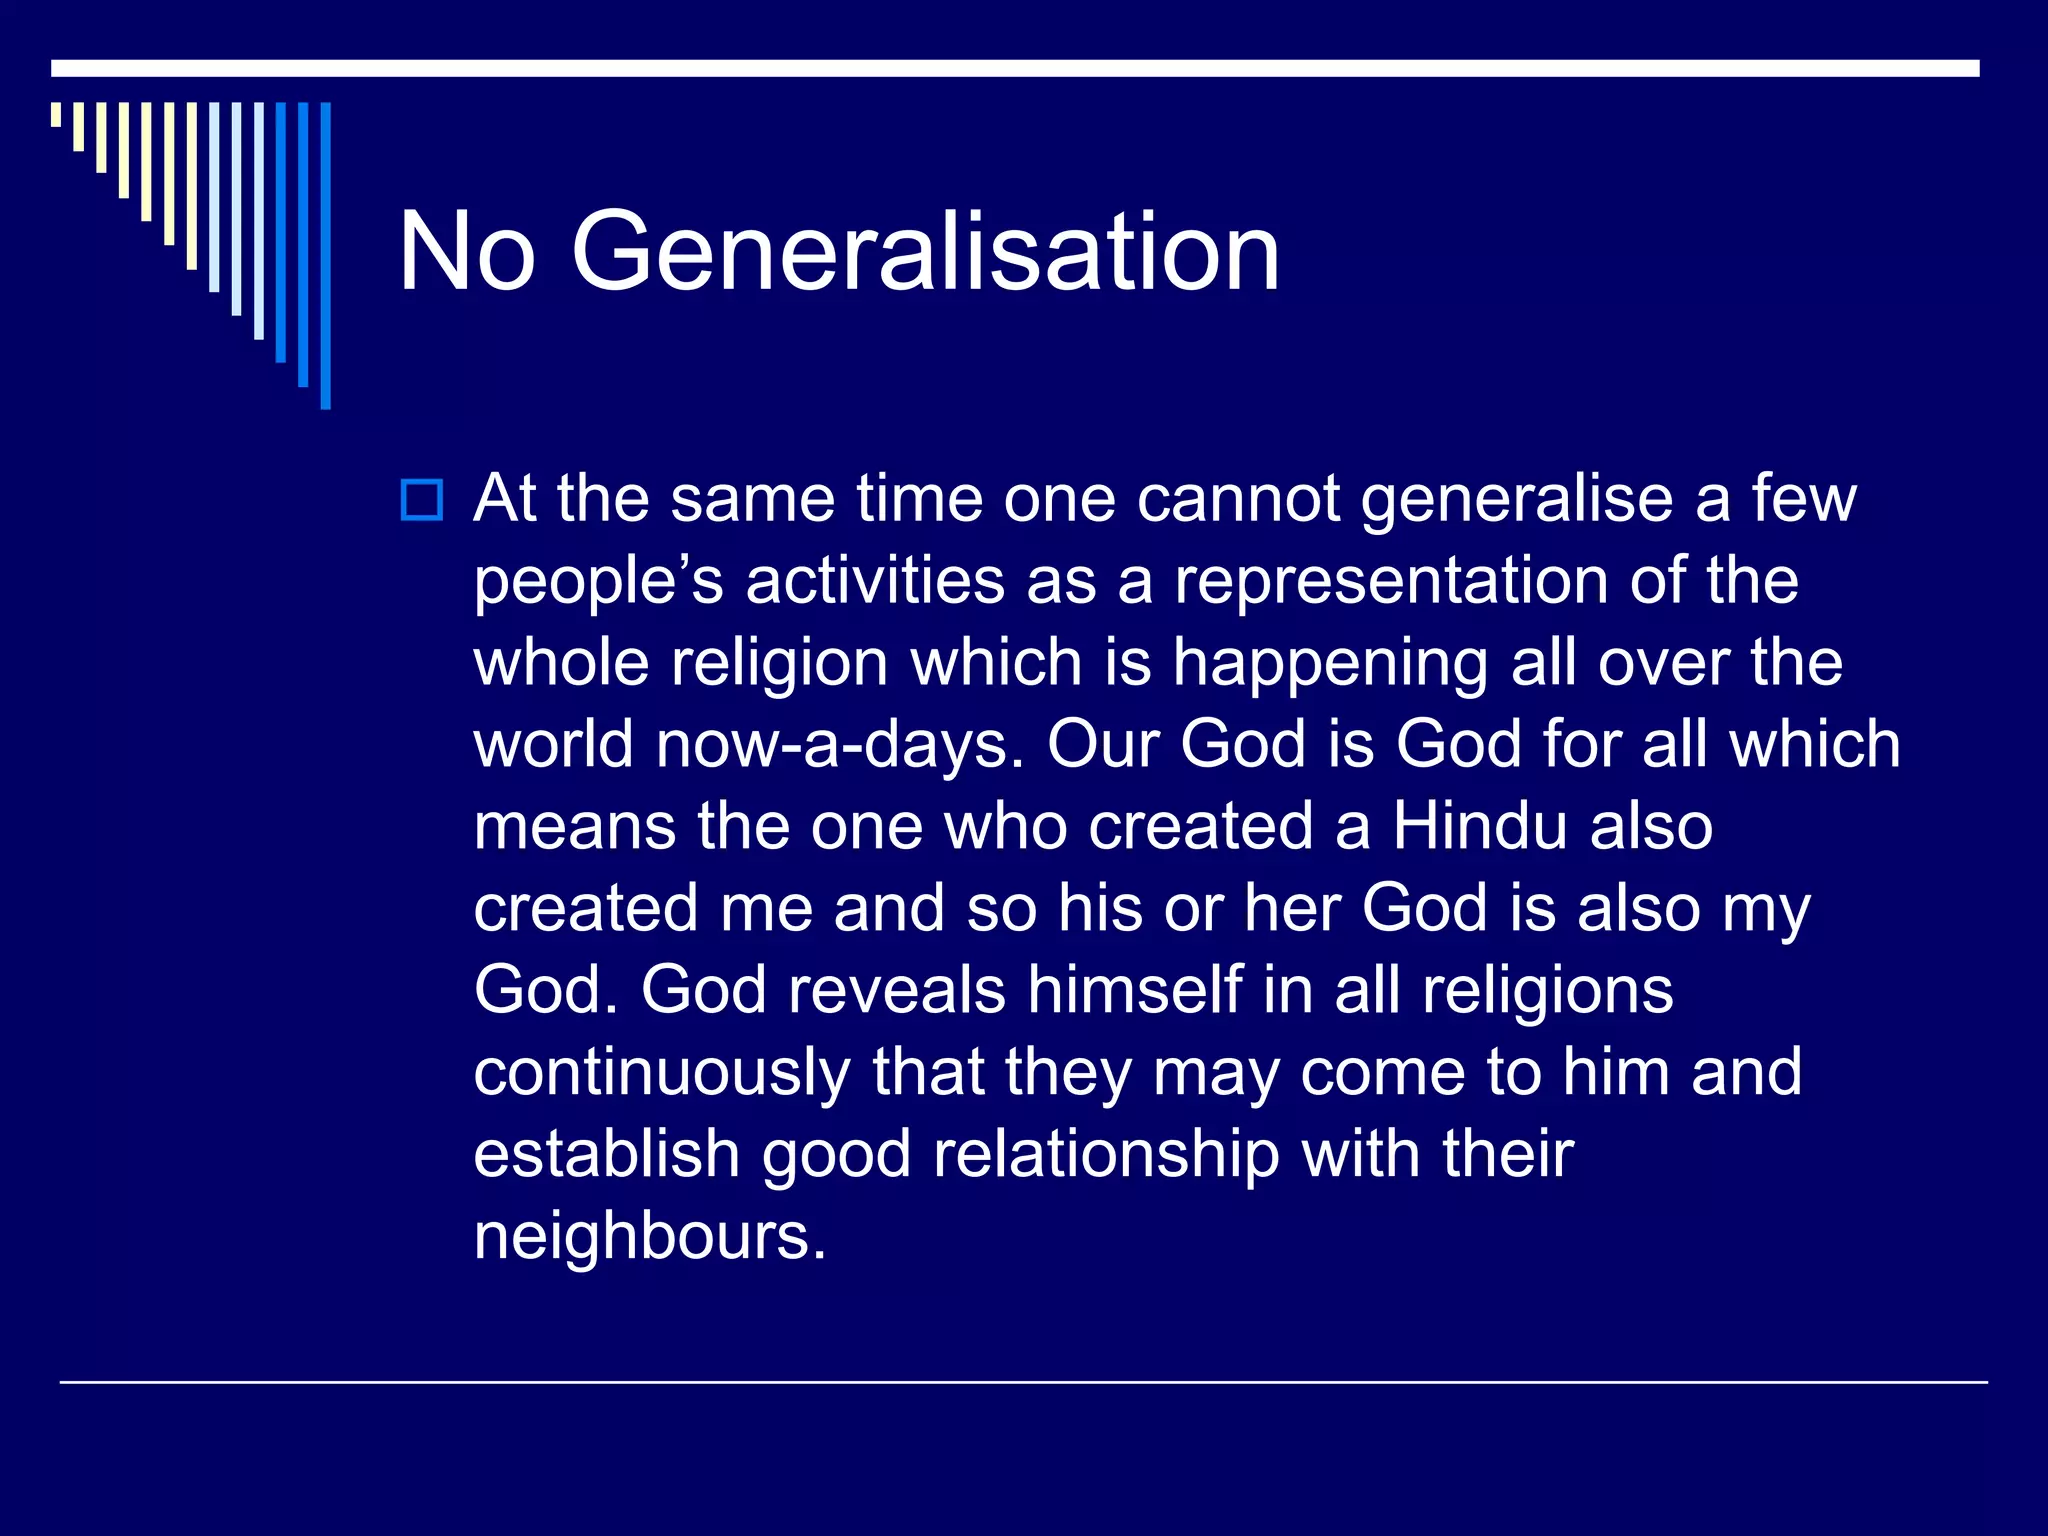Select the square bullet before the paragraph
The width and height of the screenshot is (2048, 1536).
click(x=421, y=500)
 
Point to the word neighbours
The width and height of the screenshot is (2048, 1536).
click(x=650, y=1237)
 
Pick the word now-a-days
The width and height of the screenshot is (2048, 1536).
click(x=840, y=745)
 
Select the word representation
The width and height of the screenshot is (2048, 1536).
click(x=1390, y=581)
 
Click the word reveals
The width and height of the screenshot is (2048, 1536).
click(x=896, y=990)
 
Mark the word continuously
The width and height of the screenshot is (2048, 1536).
click(x=661, y=1073)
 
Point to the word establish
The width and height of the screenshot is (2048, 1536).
click(x=606, y=1155)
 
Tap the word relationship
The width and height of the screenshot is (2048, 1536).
click(x=1106, y=1155)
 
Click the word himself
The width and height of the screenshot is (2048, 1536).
click(x=1135, y=990)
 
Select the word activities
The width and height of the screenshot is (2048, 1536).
click(x=875, y=581)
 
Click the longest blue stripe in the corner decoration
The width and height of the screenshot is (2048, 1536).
click(x=325, y=256)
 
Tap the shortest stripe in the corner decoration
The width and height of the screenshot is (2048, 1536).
click(x=56, y=114)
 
